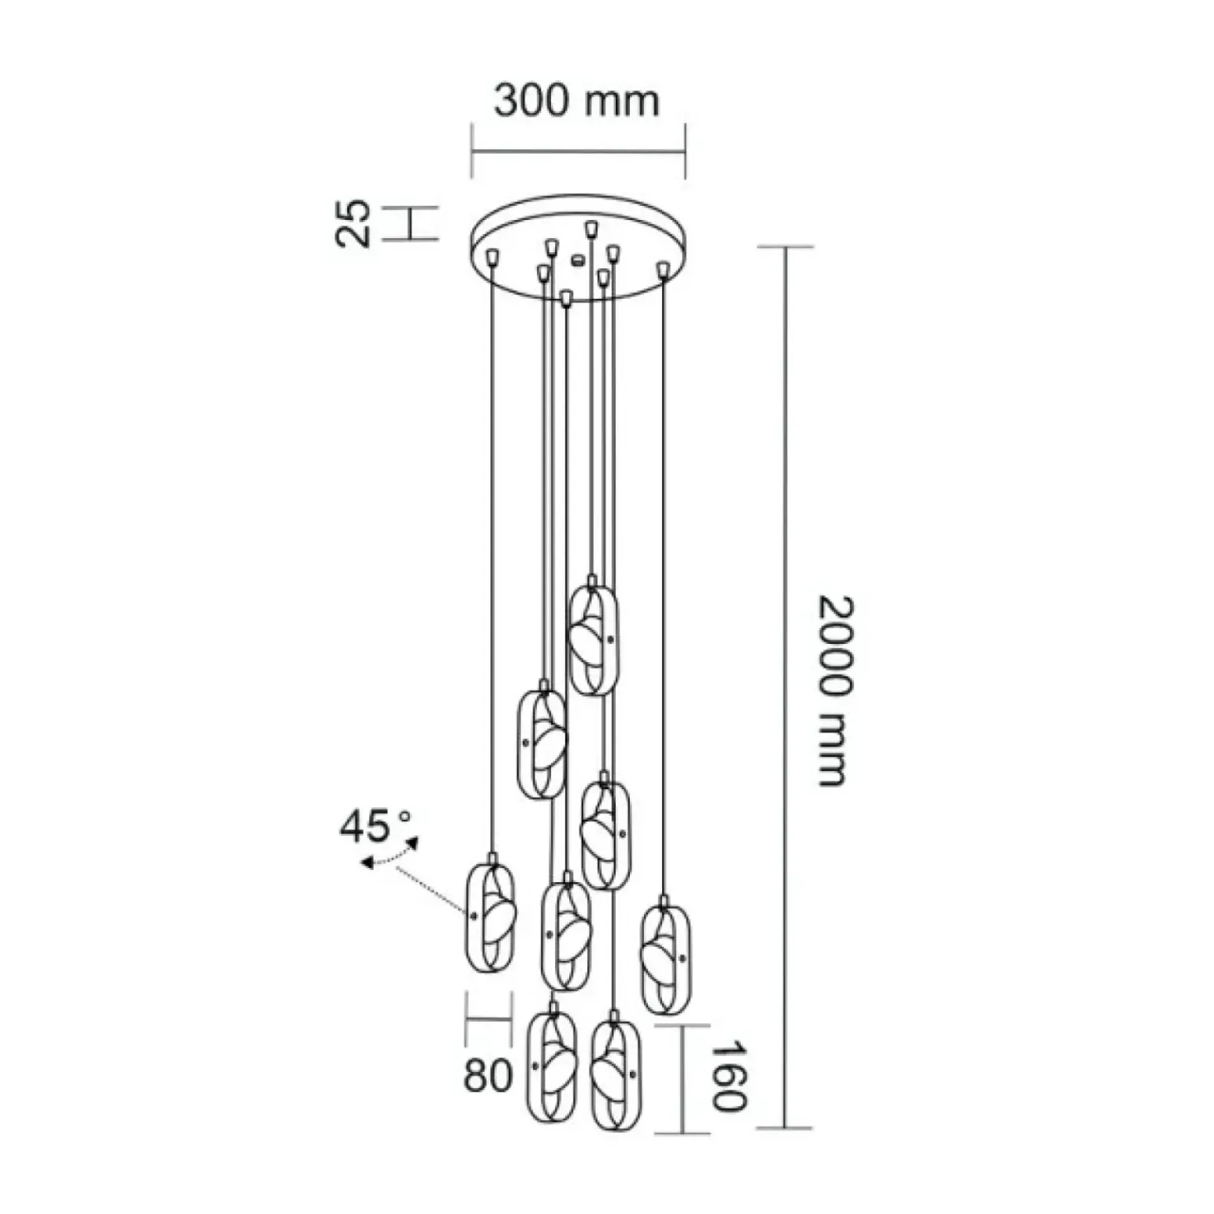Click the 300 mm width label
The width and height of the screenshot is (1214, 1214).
click(576, 100)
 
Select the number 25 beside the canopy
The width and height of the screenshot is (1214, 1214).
click(352, 223)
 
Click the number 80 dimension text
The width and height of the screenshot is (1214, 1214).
click(488, 1075)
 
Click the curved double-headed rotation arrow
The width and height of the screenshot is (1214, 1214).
click(389, 857)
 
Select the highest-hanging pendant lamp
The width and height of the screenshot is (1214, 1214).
click(594, 639)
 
